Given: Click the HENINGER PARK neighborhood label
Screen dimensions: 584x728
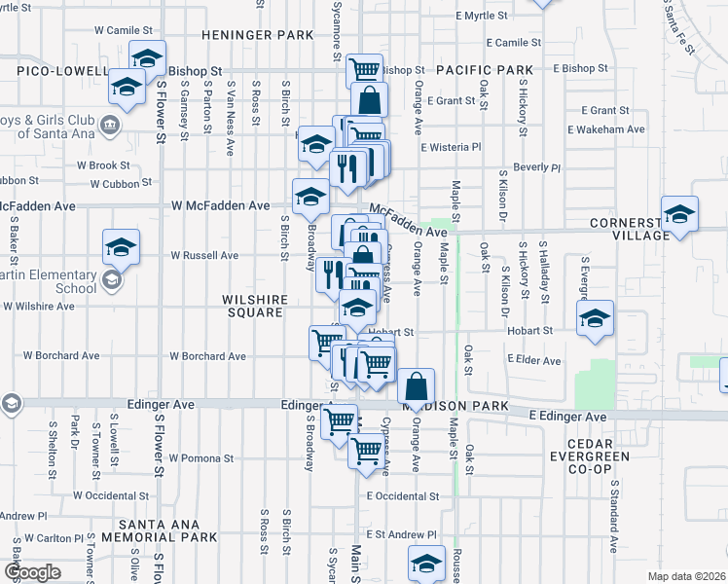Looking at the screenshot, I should (258, 35).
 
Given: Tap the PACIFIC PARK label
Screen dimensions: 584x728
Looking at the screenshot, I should (485, 71).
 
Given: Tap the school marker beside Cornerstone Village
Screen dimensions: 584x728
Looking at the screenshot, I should (679, 214).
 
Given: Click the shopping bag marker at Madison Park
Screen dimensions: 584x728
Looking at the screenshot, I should (416, 386).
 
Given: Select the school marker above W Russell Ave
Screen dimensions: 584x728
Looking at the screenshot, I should (121, 247).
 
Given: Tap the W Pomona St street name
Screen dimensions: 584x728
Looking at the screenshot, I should (201, 457).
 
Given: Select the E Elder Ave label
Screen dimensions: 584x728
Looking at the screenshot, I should (533, 361).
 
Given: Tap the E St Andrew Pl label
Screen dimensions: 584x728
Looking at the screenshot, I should (402, 535).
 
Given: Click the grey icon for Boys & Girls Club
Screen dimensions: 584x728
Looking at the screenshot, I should (110, 125).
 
